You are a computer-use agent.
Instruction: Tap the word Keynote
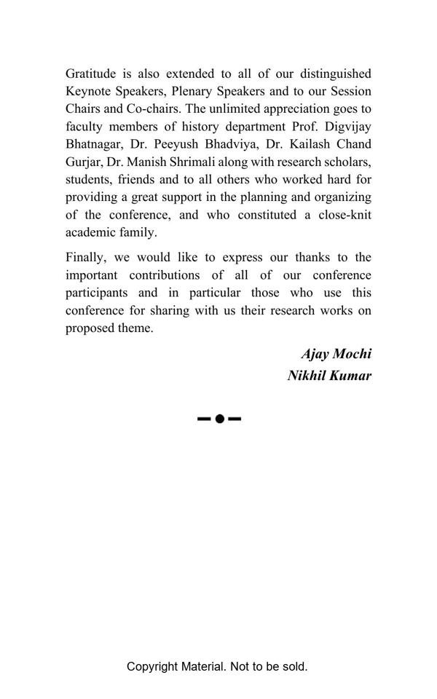tap(88, 91)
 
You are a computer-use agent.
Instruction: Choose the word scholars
tap(347, 162)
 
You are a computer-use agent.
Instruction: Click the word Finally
tap(85, 258)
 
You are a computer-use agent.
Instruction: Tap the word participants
tap(97, 293)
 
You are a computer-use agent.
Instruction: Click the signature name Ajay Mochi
tap(336, 354)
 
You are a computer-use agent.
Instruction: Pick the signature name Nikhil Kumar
tap(329, 376)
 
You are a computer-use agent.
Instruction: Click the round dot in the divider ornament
tap(219, 419)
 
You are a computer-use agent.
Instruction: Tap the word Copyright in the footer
tap(152, 666)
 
